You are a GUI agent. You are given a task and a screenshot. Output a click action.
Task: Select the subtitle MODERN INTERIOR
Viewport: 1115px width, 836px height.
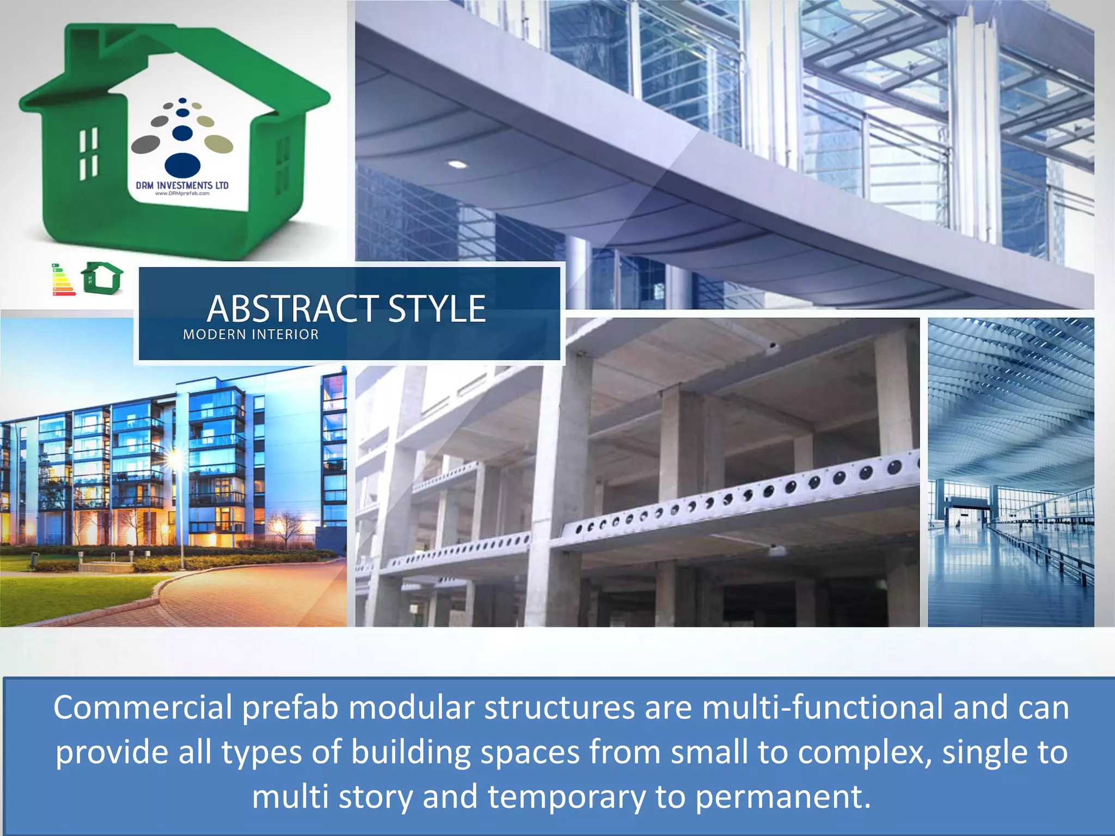pos(250,334)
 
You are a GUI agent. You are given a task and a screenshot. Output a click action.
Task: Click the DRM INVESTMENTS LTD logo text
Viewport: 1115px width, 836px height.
pos(182,185)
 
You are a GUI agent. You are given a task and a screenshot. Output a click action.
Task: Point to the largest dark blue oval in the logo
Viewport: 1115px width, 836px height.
pos(182,164)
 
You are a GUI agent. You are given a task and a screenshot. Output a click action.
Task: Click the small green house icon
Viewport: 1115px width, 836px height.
pos(102,278)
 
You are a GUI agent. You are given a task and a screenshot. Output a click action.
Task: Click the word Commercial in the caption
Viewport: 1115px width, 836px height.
pos(143,708)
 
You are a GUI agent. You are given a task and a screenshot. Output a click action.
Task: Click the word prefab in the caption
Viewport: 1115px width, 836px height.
pos(291,708)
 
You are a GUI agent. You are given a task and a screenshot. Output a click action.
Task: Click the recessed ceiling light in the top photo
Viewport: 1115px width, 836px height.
pos(457,164)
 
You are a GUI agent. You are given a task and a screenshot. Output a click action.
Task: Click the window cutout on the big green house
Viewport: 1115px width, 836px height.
pos(89,153)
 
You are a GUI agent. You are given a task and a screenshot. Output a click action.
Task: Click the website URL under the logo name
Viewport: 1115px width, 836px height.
pos(182,193)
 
